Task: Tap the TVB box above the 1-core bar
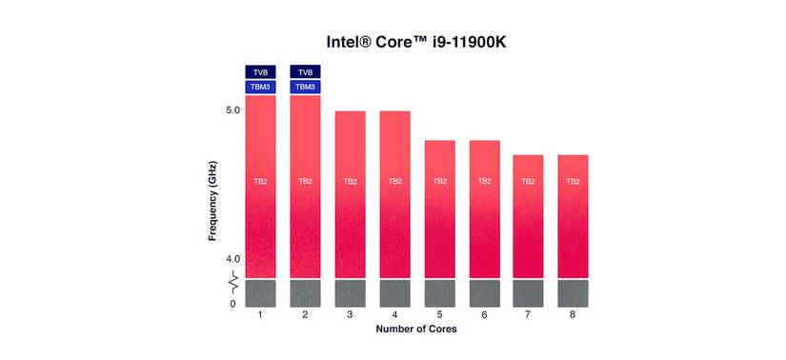(x=260, y=71)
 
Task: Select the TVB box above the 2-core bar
(x=305, y=71)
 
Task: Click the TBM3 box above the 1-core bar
(x=260, y=87)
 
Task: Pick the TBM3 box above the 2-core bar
(x=305, y=87)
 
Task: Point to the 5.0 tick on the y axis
(x=232, y=110)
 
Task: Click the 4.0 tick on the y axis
(x=232, y=259)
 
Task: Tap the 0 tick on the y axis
(x=232, y=304)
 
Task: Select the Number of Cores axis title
(x=415, y=330)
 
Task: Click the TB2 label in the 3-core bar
(x=350, y=181)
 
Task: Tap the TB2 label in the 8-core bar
(x=574, y=181)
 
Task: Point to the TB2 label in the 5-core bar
(x=439, y=181)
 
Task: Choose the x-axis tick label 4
(x=394, y=314)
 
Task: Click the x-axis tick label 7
(x=529, y=314)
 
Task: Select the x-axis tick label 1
(x=260, y=314)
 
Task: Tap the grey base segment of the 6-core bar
(x=484, y=293)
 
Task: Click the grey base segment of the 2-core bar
(x=305, y=293)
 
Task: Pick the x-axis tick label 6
(x=484, y=314)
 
